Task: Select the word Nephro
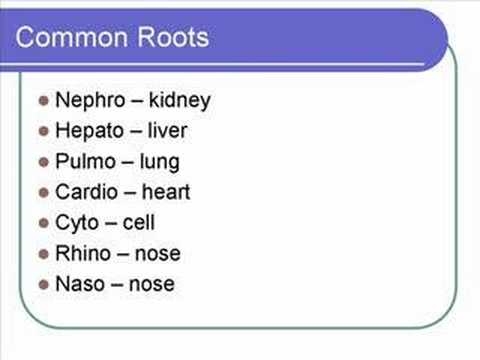point(91,100)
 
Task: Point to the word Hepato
point(90,131)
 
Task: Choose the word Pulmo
point(86,161)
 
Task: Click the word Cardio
point(88,191)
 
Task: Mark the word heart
point(165,191)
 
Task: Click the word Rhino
point(84,253)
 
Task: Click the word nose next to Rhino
point(156,254)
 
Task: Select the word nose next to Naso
point(150,284)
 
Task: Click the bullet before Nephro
point(43,101)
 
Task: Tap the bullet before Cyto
point(43,223)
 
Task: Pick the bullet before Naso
point(43,285)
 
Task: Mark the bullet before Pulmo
point(43,162)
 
